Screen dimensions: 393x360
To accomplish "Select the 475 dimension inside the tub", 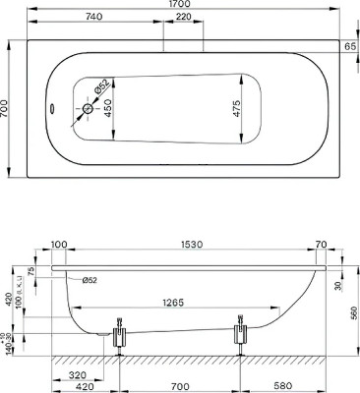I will coord(236,110).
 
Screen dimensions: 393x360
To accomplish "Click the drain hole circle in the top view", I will coord(87,110).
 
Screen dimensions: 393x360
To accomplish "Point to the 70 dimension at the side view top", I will coord(320,245).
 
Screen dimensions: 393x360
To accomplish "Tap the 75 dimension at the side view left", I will coord(30,272).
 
